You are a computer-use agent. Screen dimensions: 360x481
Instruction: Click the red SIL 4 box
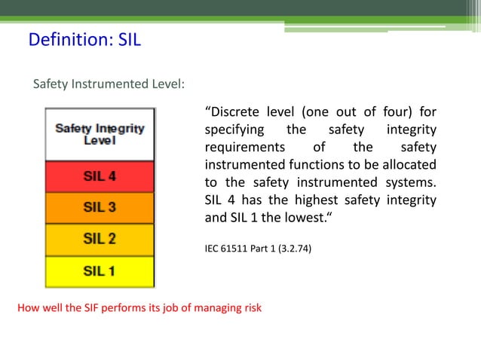tap(100, 178)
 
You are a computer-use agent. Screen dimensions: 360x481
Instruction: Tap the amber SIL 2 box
tap(100, 239)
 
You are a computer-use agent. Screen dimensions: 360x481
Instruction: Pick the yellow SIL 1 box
tap(100, 271)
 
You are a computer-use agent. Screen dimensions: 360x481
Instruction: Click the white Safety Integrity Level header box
tap(100, 134)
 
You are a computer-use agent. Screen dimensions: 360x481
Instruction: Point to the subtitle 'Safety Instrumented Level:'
tap(109, 84)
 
